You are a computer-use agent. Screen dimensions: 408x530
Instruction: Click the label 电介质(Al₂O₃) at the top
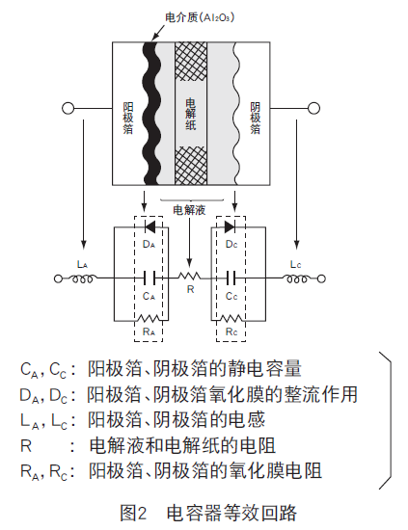pos(200,17)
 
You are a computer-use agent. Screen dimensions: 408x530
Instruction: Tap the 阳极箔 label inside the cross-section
pos(128,118)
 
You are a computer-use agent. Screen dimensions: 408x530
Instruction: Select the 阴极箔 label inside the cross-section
pos(255,118)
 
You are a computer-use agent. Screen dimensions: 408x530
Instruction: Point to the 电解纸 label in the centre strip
pos(191,115)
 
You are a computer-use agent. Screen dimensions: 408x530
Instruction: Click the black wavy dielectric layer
pos(150,114)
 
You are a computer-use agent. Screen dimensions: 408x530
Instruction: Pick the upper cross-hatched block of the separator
pos(191,61)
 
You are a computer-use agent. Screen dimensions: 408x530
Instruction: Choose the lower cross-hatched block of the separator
pos(191,166)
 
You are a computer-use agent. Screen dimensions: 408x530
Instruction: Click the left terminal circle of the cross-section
pos(68,108)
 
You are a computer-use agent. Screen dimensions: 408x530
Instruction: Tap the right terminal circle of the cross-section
pos(313,108)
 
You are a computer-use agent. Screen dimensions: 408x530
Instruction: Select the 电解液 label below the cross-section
pos(189,210)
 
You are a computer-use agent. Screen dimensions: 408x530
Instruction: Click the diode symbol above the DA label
pos(150,227)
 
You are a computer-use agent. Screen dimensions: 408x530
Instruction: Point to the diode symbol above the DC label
pos(231,227)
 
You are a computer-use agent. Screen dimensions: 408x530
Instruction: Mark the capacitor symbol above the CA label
pos(150,278)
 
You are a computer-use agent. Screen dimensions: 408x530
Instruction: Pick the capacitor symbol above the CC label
pos(231,278)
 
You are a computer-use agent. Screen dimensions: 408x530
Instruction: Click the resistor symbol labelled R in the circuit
pos(189,277)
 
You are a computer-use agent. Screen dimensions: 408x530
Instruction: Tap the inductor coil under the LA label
pos(82,278)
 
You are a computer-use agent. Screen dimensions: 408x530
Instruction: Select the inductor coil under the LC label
pos(297,278)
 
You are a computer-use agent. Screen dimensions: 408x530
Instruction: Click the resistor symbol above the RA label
pos(149,318)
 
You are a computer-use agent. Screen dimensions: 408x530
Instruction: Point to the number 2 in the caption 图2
pos(142,513)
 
